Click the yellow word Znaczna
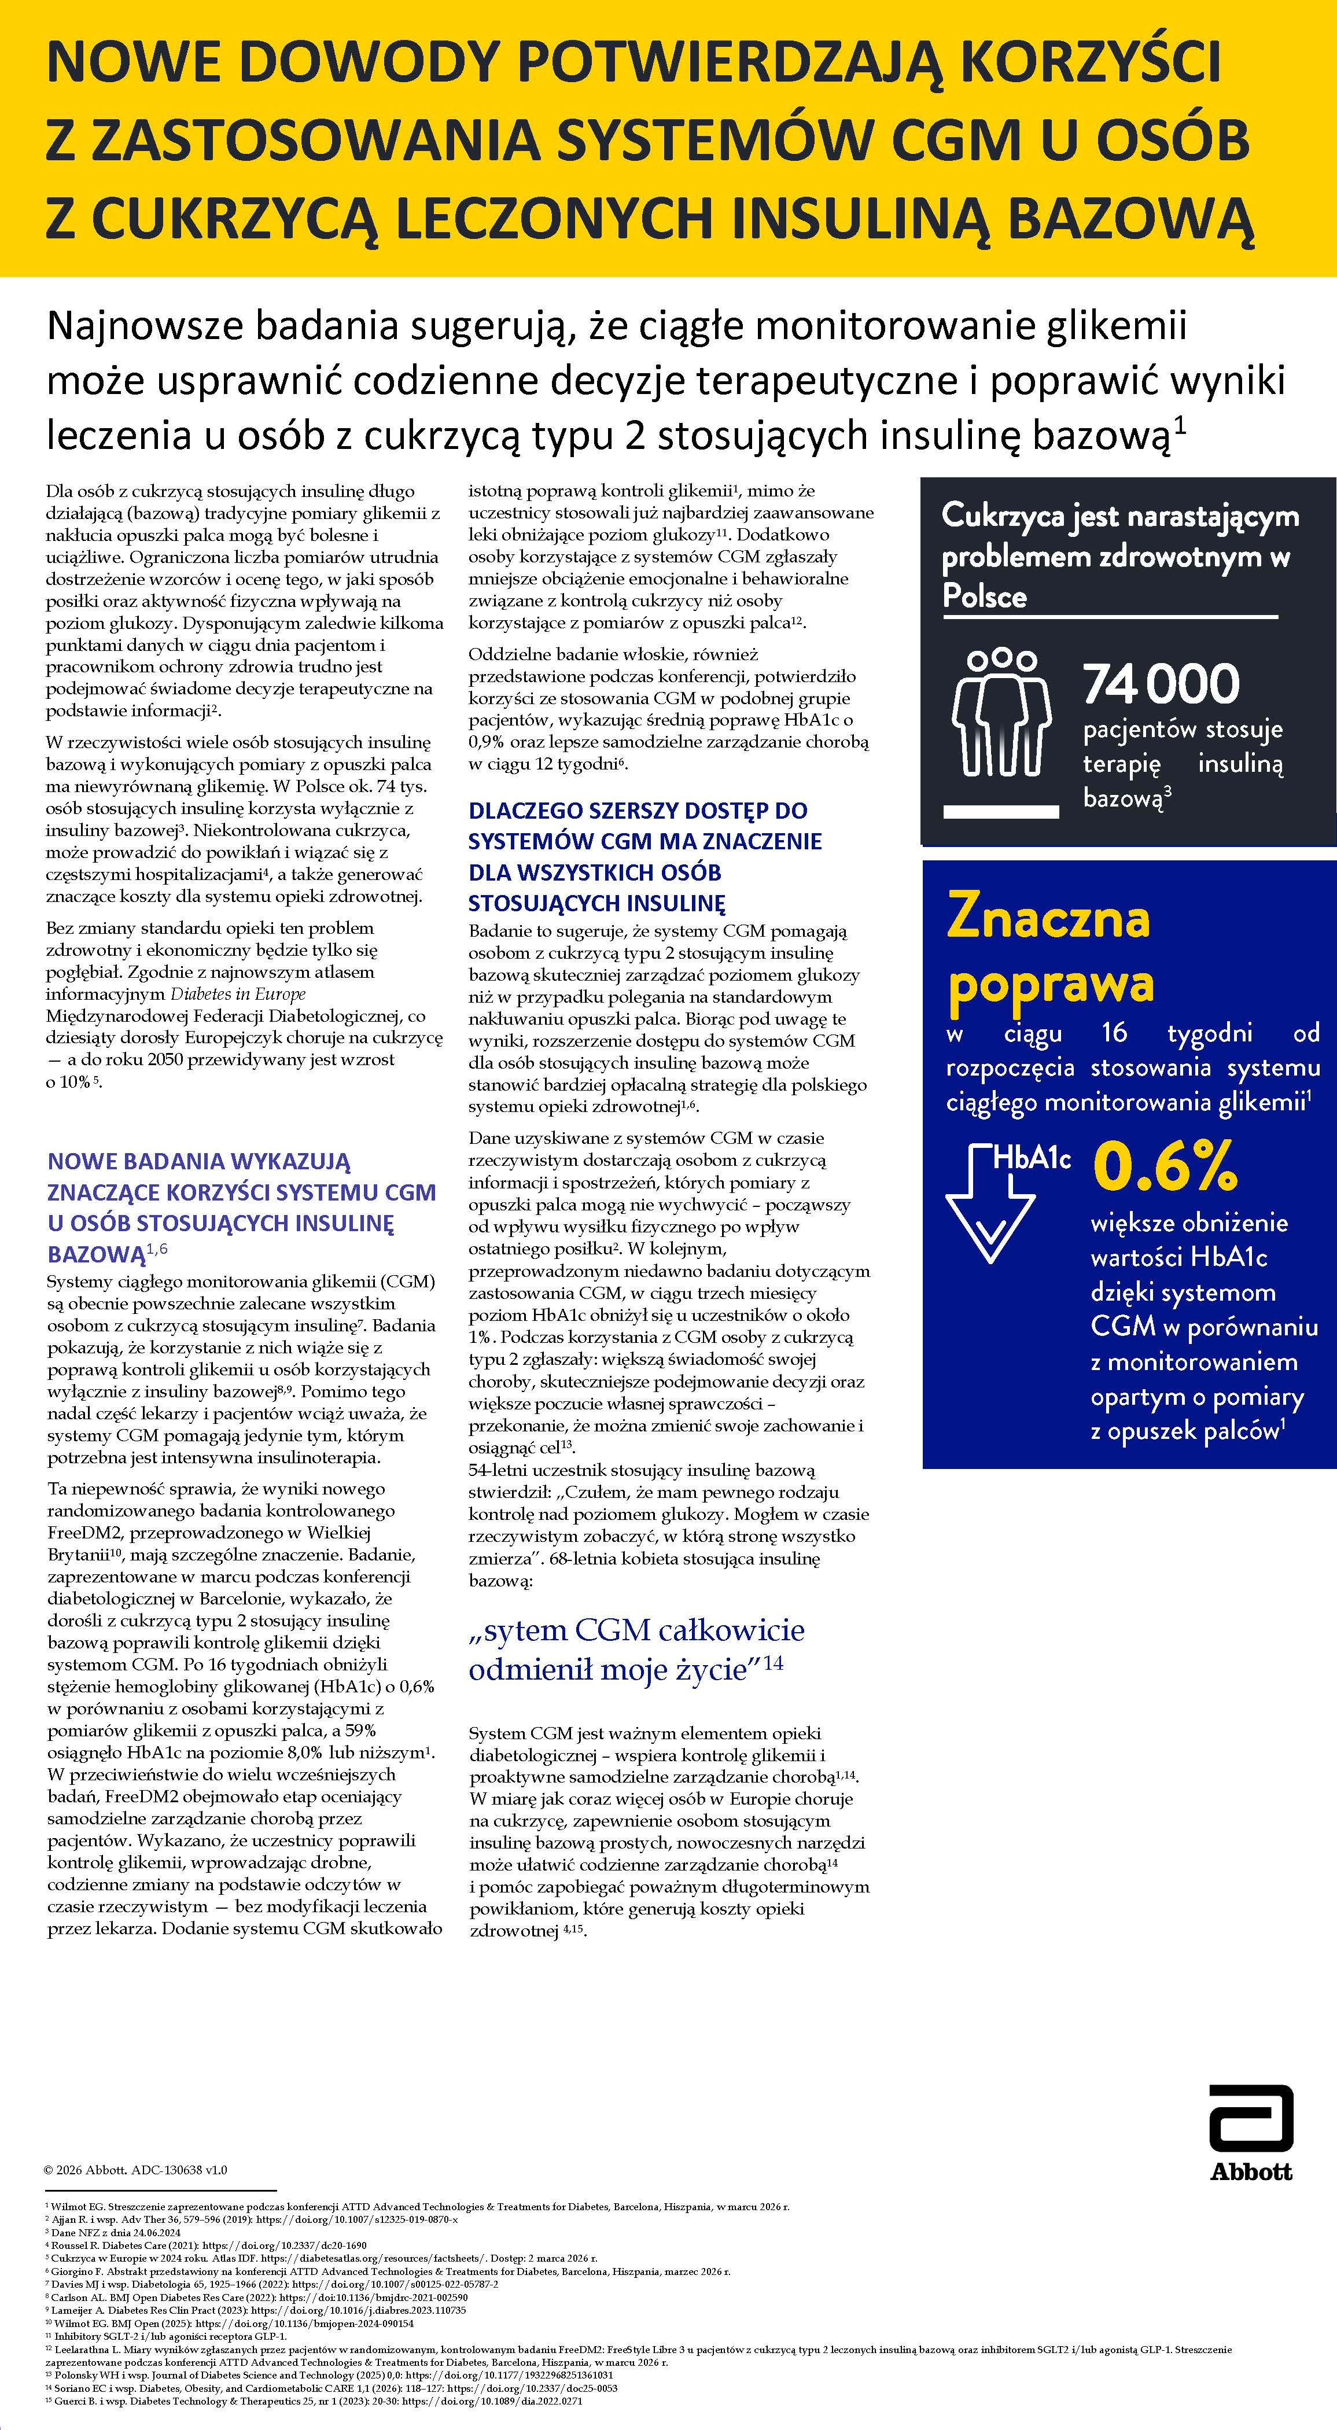(x=1048, y=916)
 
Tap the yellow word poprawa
(x=1050, y=984)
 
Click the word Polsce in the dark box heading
(x=984, y=596)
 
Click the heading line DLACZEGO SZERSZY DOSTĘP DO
(x=638, y=811)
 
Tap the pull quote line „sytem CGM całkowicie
(x=637, y=1630)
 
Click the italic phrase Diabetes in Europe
(x=238, y=994)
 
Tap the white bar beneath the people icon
(x=1001, y=811)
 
